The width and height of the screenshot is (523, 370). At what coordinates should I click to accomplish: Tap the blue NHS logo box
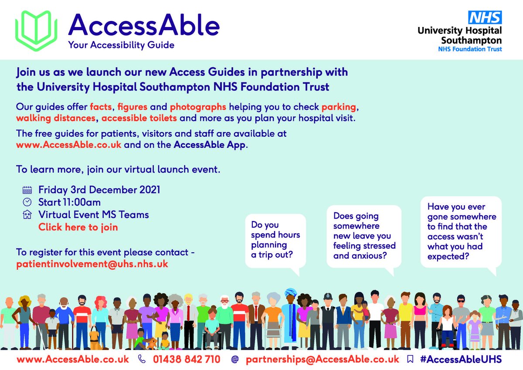[x=485, y=18]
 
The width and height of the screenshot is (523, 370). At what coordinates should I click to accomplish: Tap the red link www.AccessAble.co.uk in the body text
[x=69, y=145]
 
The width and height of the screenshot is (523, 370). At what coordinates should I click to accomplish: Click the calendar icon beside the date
[x=27, y=190]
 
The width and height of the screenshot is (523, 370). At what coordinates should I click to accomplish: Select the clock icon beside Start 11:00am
[x=27, y=202]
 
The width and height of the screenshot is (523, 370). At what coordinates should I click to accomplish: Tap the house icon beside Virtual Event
[x=27, y=215]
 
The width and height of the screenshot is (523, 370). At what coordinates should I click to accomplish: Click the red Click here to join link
[x=78, y=227]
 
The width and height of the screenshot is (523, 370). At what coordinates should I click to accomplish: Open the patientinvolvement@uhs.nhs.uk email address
[x=92, y=264]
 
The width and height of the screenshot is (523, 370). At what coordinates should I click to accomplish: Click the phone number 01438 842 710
[x=186, y=360]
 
